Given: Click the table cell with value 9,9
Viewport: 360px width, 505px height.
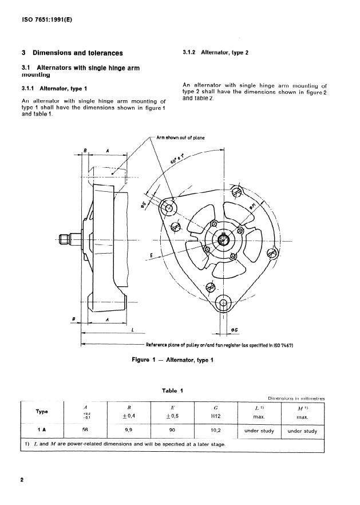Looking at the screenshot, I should [124, 431].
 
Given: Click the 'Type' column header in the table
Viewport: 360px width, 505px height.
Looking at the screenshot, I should [42, 412].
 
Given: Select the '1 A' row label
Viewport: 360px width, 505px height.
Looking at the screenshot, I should [42, 431].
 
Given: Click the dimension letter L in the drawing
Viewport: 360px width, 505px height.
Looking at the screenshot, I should [133, 330].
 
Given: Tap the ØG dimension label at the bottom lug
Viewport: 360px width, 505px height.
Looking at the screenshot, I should [235, 331].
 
